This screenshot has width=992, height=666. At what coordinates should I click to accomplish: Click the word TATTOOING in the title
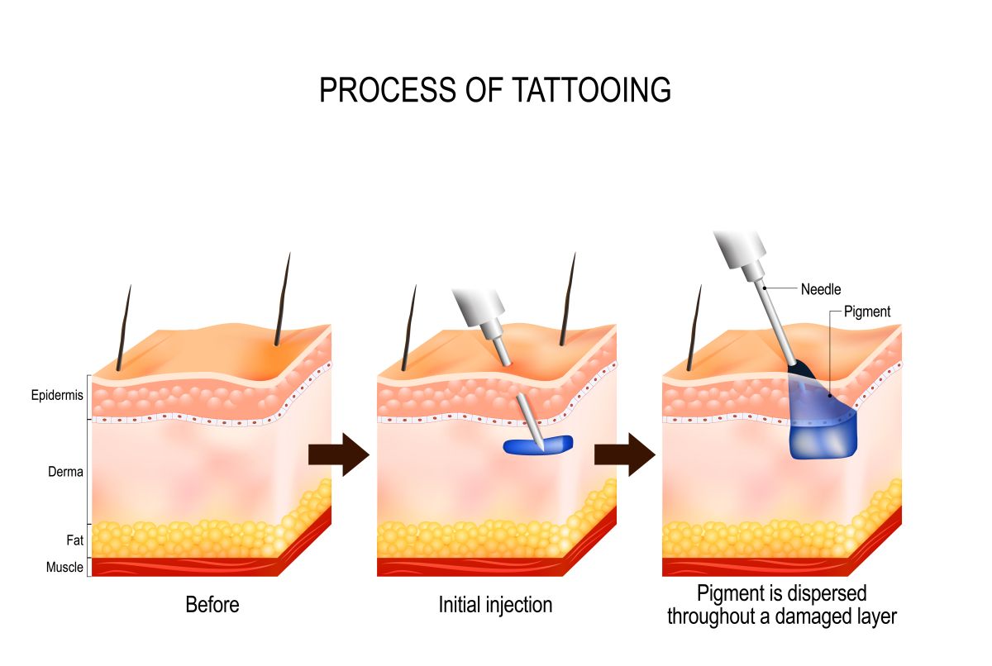point(591,90)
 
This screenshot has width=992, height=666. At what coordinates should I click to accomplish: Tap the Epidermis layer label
point(57,395)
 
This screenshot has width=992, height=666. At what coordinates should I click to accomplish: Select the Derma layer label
point(65,472)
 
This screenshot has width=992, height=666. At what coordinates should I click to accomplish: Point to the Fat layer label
point(75,540)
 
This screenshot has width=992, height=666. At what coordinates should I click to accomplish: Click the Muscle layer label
point(64,567)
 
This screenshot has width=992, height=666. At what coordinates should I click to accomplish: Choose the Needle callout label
point(821,289)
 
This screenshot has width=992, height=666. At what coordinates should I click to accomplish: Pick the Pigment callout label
point(867,312)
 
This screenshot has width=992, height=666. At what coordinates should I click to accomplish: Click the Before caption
point(212,605)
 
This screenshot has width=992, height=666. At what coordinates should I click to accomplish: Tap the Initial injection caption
point(495,605)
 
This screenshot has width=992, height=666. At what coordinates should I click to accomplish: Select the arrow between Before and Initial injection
point(339,454)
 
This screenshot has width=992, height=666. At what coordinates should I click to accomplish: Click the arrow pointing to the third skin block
point(624,454)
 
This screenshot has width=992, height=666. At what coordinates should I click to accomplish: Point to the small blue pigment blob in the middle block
point(537,445)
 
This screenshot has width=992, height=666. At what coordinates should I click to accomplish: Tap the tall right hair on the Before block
point(283,299)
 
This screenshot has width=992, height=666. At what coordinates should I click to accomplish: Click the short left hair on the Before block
point(123,328)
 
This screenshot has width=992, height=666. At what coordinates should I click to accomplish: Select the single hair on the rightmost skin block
point(694,328)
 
